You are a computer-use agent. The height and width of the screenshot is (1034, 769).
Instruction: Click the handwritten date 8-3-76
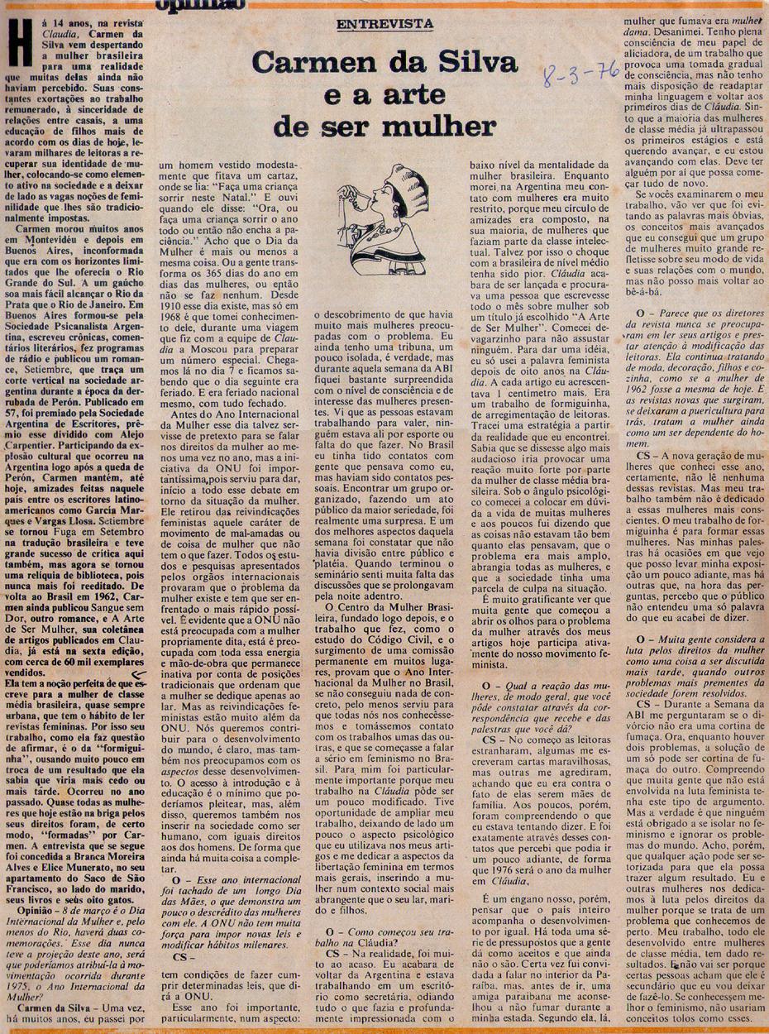580,76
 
